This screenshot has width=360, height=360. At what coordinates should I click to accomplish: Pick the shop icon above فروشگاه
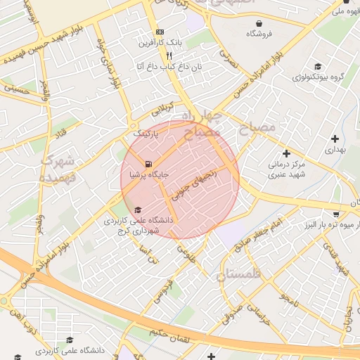coord(259,23)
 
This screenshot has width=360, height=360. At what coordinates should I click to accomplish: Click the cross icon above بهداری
coord(335,139)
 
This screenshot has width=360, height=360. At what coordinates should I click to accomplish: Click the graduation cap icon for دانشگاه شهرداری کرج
coord(138,210)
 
